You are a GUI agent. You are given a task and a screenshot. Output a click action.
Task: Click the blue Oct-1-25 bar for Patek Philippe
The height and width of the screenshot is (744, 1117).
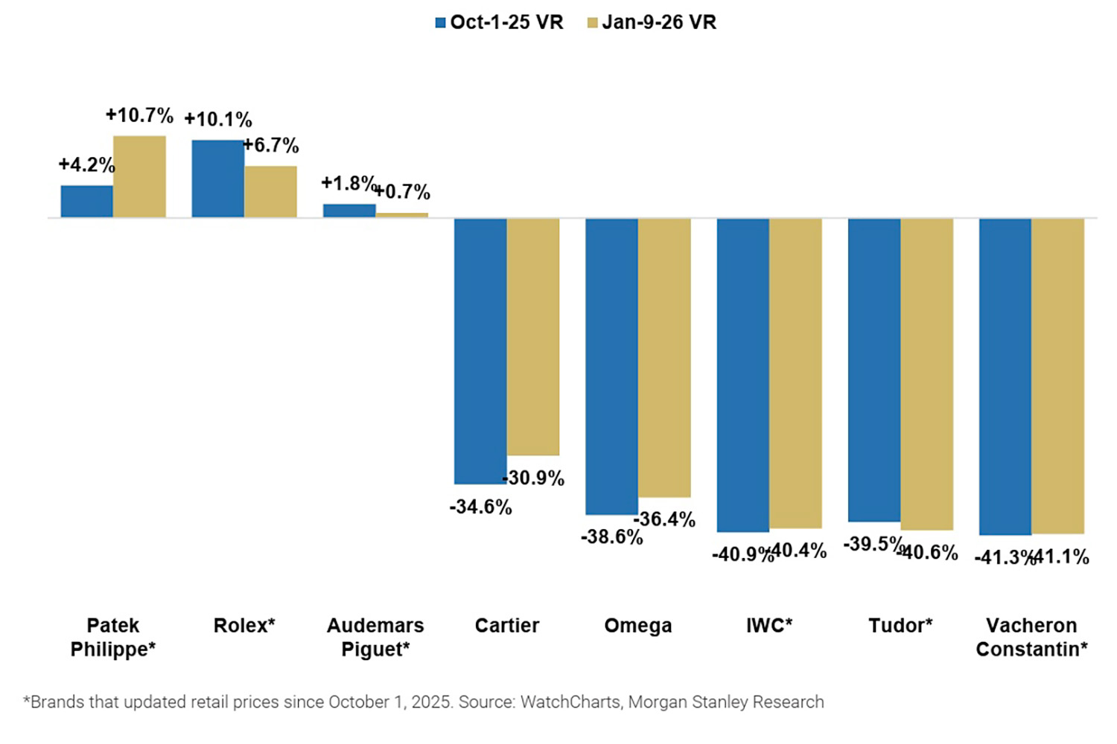[x=86, y=201]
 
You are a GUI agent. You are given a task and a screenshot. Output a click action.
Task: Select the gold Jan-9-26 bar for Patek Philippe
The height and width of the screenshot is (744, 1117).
[x=139, y=176]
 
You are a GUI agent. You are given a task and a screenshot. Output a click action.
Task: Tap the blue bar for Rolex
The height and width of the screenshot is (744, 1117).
[x=217, y=179]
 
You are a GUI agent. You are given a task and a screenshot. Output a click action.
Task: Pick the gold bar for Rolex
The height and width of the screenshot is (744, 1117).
[x=270, y=191]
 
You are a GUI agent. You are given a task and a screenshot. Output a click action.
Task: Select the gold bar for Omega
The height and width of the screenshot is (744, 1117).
[x=664, y=357]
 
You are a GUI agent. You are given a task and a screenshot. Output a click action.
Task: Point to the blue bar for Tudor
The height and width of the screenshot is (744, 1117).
[x=874, y=369]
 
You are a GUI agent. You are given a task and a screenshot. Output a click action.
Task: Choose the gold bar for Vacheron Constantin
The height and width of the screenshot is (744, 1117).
[x=1057, y=376]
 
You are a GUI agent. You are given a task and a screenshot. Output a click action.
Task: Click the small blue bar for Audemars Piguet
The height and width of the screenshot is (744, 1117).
[x=349, y=211]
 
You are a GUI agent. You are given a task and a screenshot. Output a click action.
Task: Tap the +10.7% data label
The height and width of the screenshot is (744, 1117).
[x=139, y=115]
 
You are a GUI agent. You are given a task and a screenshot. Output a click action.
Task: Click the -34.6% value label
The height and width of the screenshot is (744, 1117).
[x=480, y=507]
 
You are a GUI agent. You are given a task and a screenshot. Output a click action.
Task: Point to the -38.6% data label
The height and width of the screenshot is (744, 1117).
[x=611, y=537]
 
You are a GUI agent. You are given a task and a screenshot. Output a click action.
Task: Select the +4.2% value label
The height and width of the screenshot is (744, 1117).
[x=86, y=164]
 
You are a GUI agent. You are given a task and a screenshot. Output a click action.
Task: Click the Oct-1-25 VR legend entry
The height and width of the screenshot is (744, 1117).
[x=499, y=22]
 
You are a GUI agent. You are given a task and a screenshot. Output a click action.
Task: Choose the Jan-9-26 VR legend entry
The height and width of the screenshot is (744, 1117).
[x=652, y=22]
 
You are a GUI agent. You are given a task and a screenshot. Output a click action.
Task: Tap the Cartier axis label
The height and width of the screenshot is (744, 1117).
[x=506, y=626]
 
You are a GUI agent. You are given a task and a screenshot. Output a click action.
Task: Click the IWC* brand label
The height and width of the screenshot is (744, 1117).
[x=769, y=626]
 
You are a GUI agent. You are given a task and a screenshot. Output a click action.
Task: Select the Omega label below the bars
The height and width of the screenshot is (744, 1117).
[x=637, y=626]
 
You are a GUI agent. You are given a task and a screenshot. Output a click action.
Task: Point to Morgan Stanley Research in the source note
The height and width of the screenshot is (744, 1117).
[x=726, y=702]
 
